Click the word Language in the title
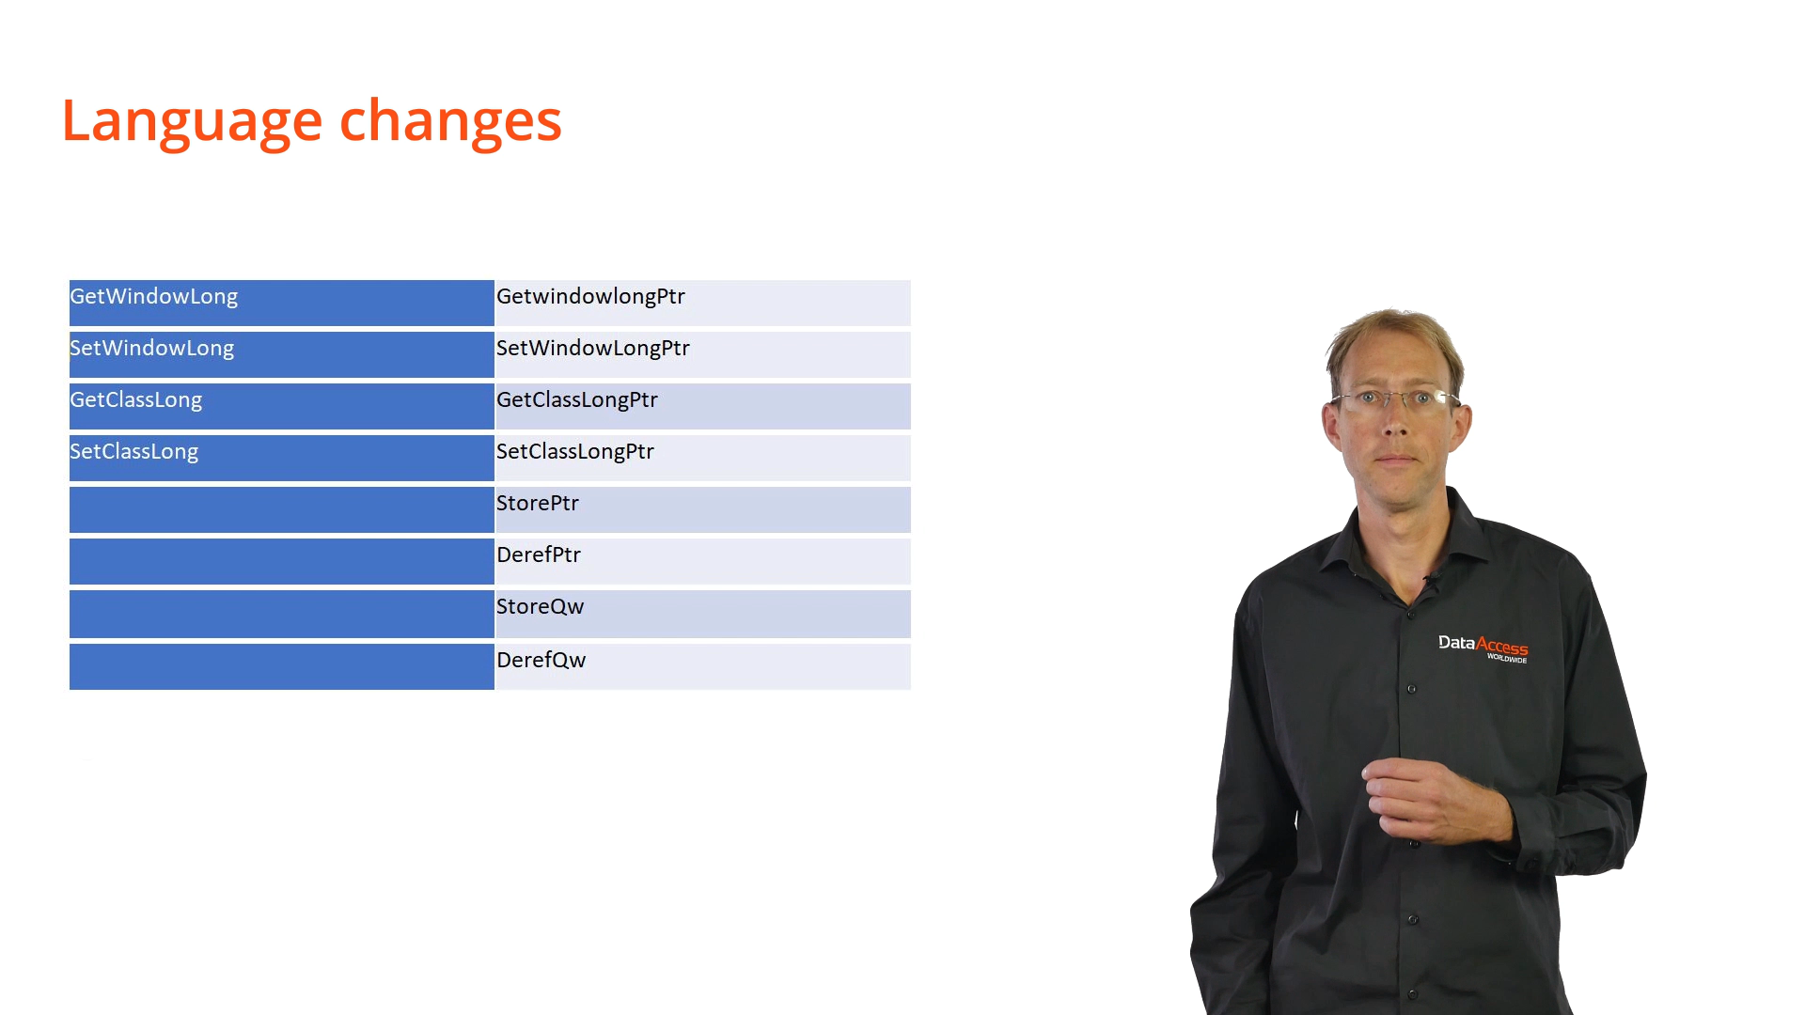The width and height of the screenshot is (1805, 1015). tap(192, 121)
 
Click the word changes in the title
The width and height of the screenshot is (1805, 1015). tap(450, 121)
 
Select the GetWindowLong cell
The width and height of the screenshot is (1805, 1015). tap(154, 297)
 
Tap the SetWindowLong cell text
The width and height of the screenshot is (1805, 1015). tap(152, 349)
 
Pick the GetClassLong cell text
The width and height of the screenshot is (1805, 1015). tap(136, 400)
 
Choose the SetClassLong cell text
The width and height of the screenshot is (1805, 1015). tap(134, 452)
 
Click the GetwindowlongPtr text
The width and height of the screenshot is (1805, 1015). tap(591, 297)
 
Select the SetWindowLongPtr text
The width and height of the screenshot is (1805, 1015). tap(593, 349)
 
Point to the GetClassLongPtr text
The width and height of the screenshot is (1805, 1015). tap(577, 400)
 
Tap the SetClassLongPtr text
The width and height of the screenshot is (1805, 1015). tap(575, 452)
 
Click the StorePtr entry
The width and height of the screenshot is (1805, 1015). tap(538, 504)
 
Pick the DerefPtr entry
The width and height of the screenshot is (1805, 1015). tap(539, 555)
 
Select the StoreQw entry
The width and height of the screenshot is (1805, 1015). tap(541, 607)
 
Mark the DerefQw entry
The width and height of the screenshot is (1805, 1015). tap(541, 661)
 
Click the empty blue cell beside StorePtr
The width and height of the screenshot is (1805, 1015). tap(282, 509)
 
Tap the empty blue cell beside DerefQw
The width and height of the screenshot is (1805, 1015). tap(282, 666)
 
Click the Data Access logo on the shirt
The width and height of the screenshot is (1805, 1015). tap(1483, 648)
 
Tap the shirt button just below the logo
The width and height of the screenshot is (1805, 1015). tap(1411, 689)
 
